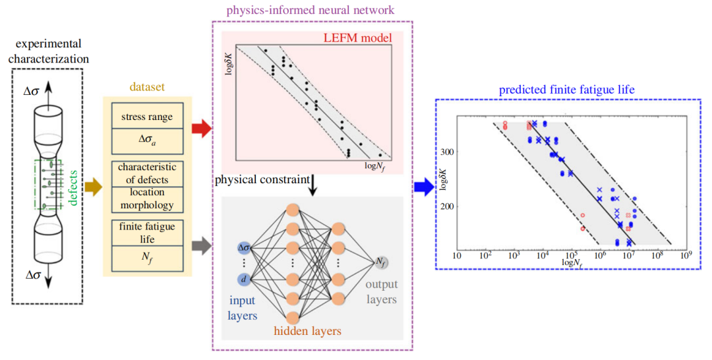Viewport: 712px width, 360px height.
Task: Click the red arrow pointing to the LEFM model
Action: (x=201, y=129)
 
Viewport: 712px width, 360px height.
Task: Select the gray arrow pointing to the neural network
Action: (x=202, y=246)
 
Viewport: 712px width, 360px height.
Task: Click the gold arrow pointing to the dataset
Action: (x=93, y=187)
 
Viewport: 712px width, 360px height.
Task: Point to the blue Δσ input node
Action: (x=245, y=248)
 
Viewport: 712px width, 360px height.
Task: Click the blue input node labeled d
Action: (x=245, y=279)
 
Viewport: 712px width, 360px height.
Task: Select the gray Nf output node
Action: (x=381, y=262)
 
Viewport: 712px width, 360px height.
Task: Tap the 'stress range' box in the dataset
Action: (x=147, y=116)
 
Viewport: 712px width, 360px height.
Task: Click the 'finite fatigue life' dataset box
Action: (x=147, y=233)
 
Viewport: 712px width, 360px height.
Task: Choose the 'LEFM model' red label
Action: (x=357, y=38)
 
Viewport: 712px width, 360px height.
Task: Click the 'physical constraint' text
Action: (x=262, y=180)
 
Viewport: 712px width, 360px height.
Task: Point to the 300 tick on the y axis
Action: (x=447, y=152)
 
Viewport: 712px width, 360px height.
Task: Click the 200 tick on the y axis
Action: (x=447, y=206)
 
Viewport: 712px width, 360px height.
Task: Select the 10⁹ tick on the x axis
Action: (x=686, y=255)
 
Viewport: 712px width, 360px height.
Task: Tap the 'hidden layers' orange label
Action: (x=307, y=331)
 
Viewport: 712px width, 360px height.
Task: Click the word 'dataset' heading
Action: (x=146, y=87)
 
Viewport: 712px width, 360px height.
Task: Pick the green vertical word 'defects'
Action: (x=73, y=188)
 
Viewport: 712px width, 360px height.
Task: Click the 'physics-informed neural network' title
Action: (x=311, y=10)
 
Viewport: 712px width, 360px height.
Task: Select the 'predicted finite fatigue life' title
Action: (x=567, y=90)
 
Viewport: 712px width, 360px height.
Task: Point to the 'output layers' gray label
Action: (x=382, y=292)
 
